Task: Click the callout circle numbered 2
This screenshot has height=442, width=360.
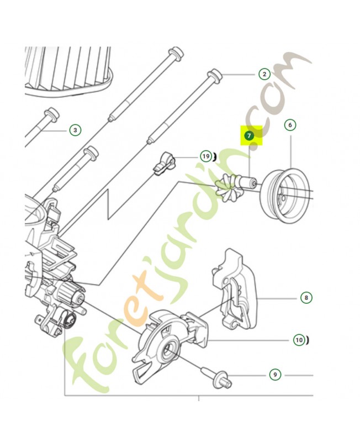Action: pyautogui.click(x=264, y=74)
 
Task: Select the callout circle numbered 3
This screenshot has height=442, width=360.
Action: pyautogui.click(x=75, y=130)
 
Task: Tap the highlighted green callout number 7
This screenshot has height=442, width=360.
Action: pyautogui.click(x=248, y=135)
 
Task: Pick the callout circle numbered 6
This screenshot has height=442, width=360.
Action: pyautogui.click(x=290, y=125)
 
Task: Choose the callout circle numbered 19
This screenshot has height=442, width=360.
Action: pyautogui.click(x=206, y=156)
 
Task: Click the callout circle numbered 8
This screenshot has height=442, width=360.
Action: pyautogui.click(x=306, y=297)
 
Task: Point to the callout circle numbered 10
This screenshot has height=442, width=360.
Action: pyautogui.click(x=299, y=340)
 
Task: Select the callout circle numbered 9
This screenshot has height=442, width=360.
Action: pyautogui.click(x=275, y=375)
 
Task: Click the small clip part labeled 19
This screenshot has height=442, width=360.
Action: pyautogui.click(x=164, y=162)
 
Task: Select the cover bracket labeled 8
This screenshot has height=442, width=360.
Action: pyautogui.click(x=234, y=289)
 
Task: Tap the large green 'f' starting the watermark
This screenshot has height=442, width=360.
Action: pyautogui.click(x=84, y=361)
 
